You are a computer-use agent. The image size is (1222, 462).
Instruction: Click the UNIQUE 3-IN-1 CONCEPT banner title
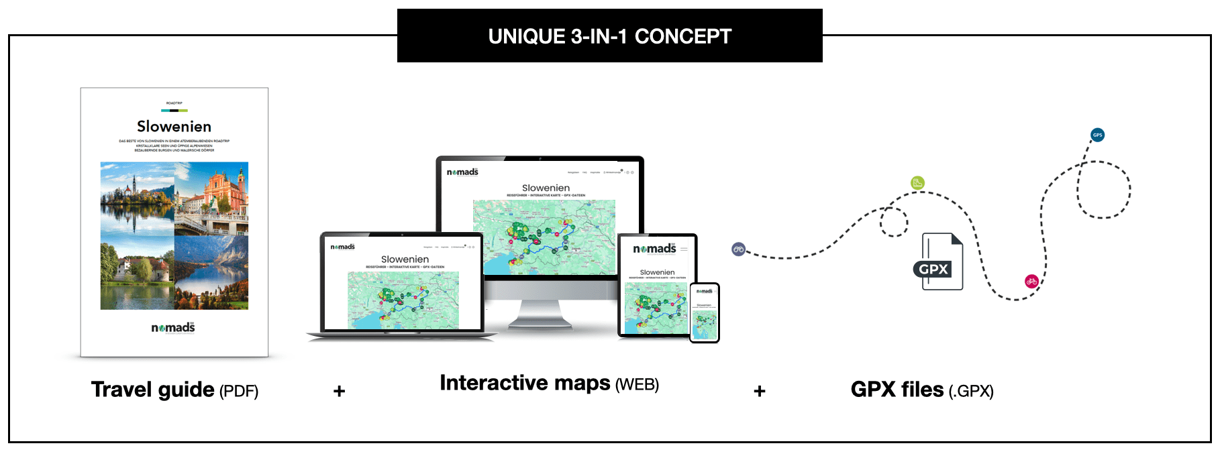click(x=609, y=36)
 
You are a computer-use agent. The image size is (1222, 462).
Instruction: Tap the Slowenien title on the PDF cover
click(x=174, y=127)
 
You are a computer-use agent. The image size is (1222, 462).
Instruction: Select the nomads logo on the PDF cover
click(x=173, y=328)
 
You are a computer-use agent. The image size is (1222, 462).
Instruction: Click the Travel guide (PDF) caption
click(x=174, y=390)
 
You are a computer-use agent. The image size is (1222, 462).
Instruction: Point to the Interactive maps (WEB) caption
click(x=549, y=384)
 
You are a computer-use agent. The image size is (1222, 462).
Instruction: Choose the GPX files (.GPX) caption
click(x=922, y=390)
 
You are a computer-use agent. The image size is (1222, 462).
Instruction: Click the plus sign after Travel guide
click(x=340, y=391)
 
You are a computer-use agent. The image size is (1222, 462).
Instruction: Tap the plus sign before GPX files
click(x=760, y=391)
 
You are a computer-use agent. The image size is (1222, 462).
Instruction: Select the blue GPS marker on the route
click(x=1097, y=135)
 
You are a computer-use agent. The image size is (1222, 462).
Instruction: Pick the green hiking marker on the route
click(x=917, y=182)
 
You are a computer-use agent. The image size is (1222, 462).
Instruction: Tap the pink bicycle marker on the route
click(x=1031, y=281)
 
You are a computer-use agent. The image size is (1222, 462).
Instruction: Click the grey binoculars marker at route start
click(x=738, y=249)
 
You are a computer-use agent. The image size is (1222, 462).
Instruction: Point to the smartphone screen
click(x=705, y=313)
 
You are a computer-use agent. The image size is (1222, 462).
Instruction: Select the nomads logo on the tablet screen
click(x=654, y=249)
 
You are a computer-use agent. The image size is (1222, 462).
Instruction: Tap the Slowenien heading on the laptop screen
click(x=405, y=259)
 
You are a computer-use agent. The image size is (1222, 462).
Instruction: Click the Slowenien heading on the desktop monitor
click(x=546, y=188)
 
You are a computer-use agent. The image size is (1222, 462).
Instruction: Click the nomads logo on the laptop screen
click(x=342, y=247)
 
